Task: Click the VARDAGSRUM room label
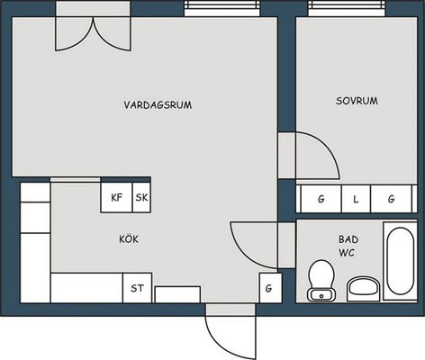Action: [x=158, y=105]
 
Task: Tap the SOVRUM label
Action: [x=357, y=101]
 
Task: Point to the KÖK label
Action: [x=129, y=239]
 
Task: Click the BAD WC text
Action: [x=348, y=246]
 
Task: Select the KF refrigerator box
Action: [x=116, y=197]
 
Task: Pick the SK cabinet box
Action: [x=141, y=197]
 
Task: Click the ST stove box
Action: [x=137, y=288]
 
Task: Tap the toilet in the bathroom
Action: [x=321, y=281]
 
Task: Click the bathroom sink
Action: [x=364, y=289]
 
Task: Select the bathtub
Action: [x=400, y=261]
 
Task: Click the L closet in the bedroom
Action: [x=356, y=199]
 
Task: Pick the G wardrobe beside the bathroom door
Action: [x=270, y=288]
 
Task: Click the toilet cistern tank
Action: [x=321, y=295]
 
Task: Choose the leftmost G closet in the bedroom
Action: [x=321, y=199]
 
